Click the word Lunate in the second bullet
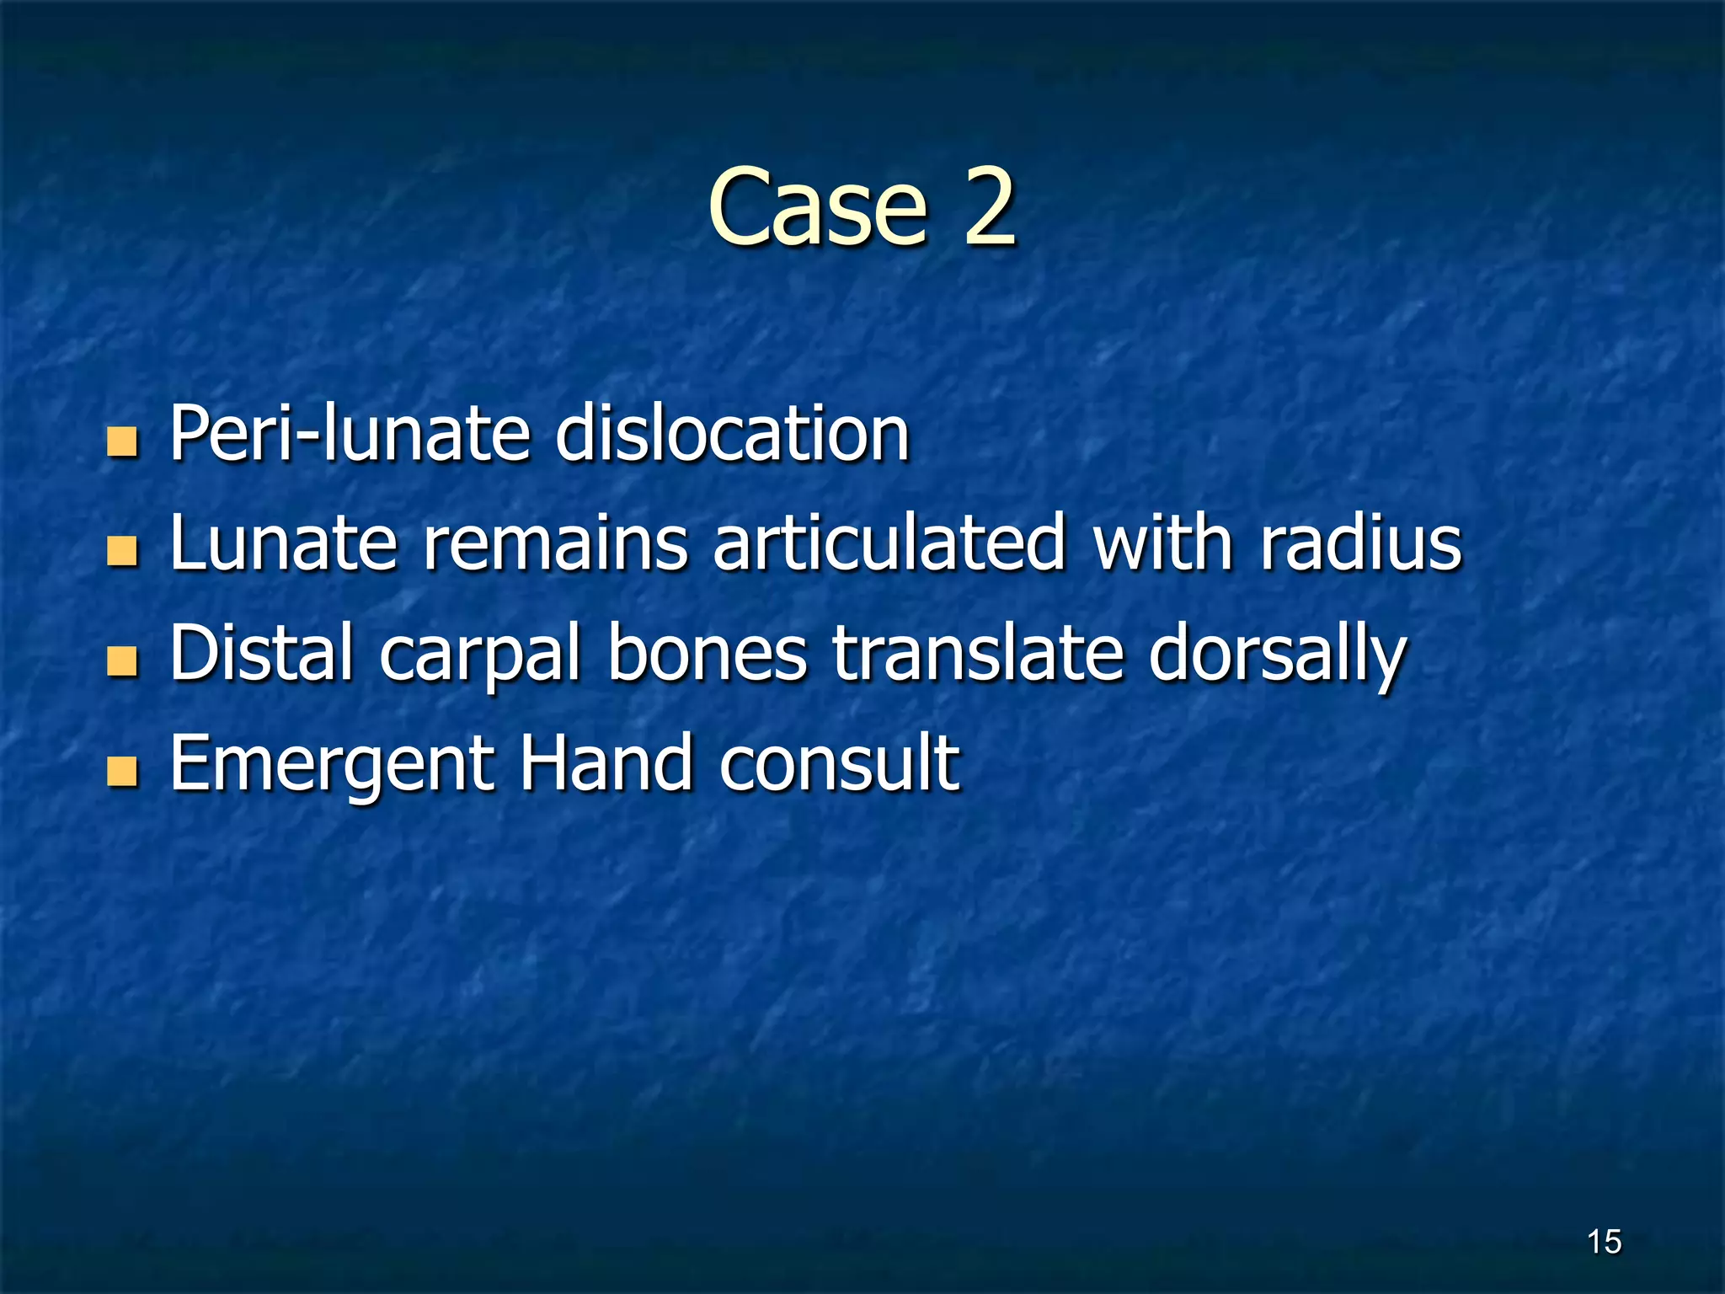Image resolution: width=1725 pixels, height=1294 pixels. click(x=283, y=543)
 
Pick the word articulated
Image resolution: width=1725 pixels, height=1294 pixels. click(x=889, y=543)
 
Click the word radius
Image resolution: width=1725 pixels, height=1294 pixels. click(x=1360, y=543)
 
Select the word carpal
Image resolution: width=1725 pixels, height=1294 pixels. click(x=480, y=655)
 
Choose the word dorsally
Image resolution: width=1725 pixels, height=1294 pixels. click(x=1277, y=655)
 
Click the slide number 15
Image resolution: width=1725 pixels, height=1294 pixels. click(x=1604, y=1242)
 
